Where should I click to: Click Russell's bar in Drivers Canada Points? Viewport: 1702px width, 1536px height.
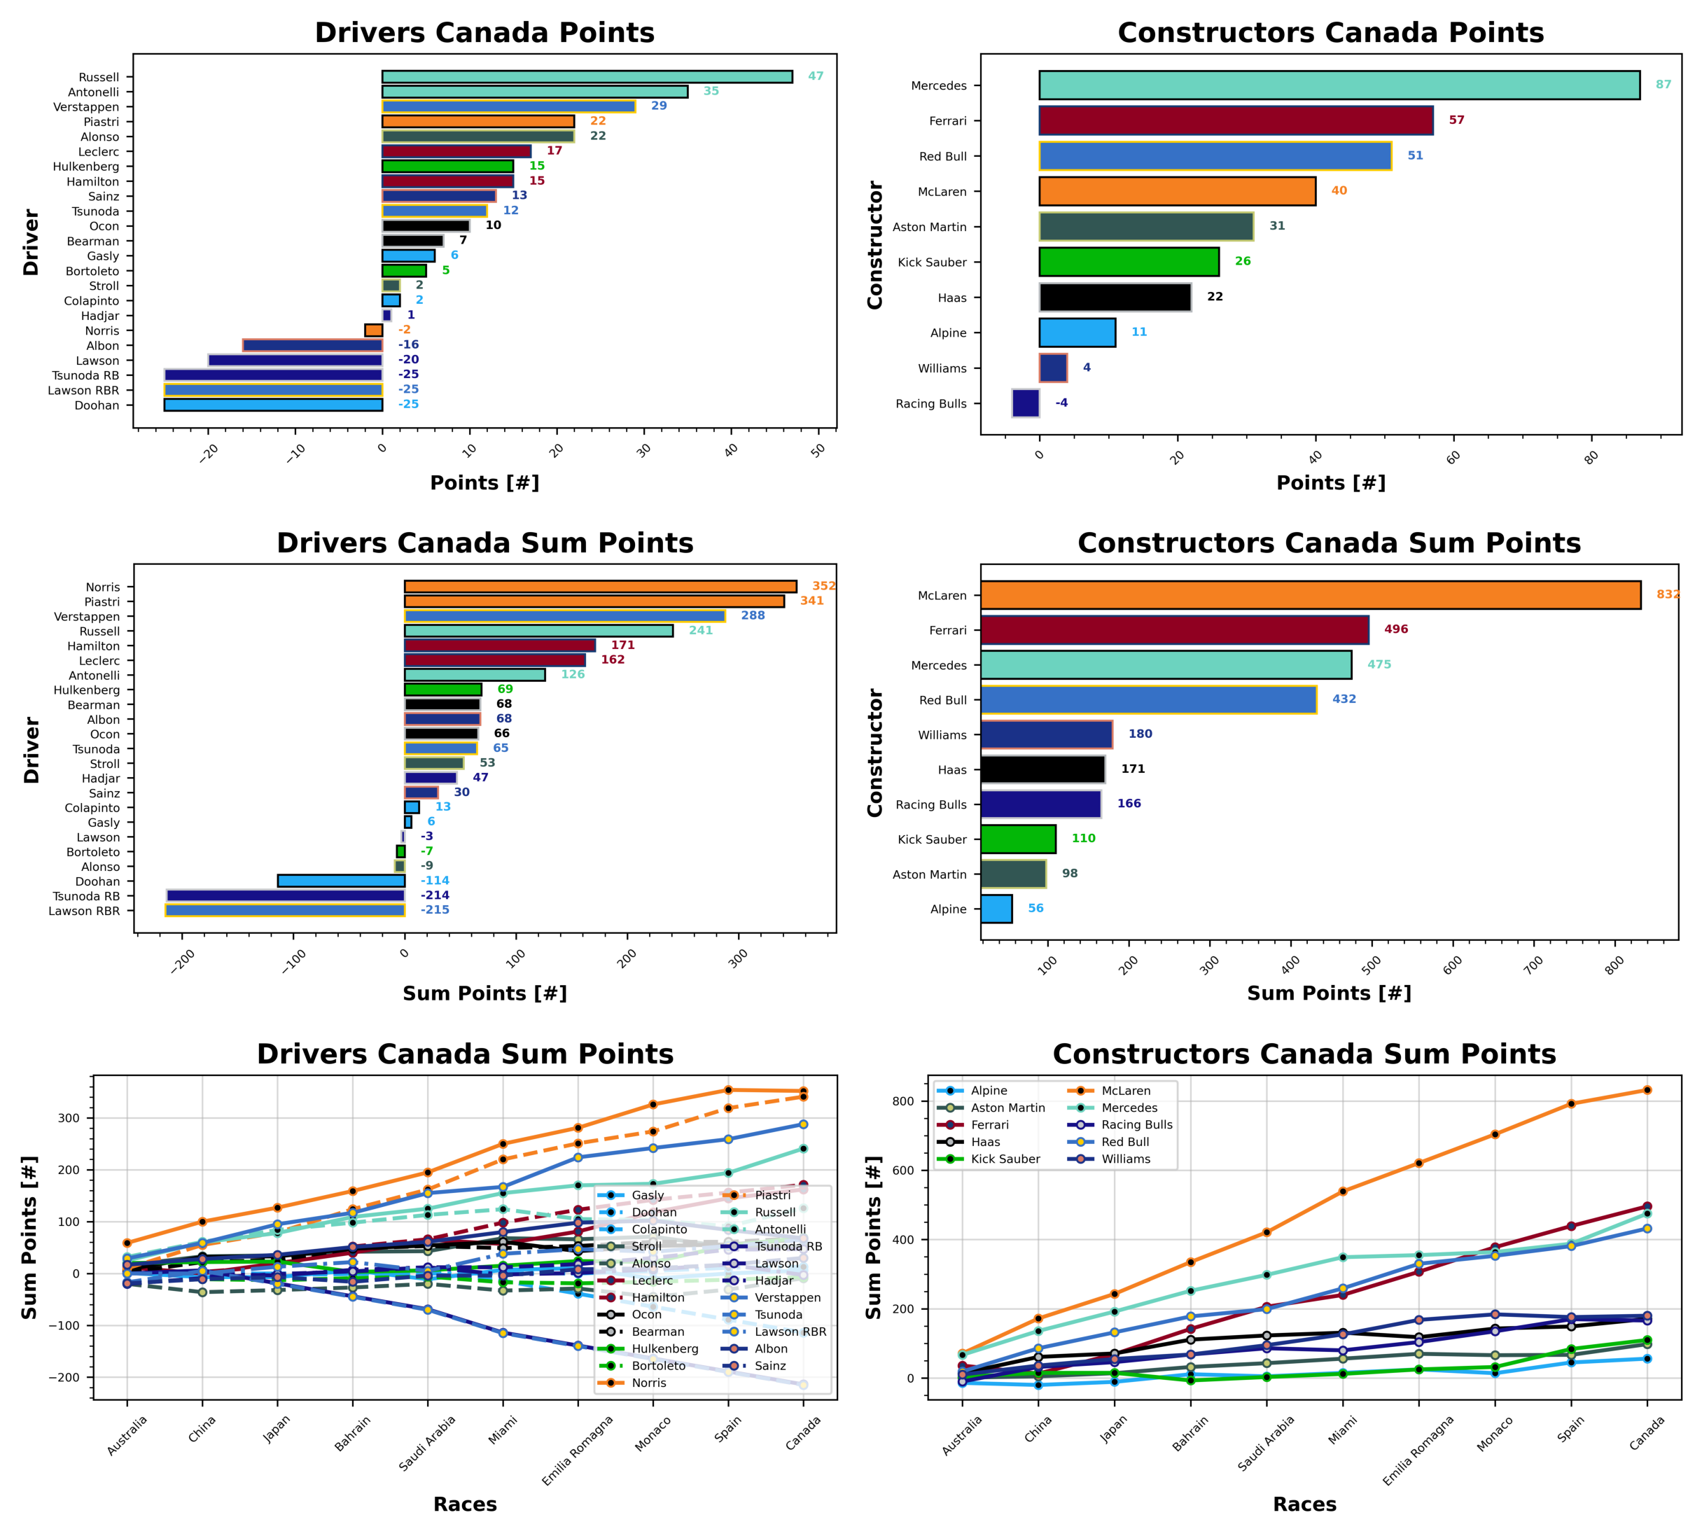tap(587, 77)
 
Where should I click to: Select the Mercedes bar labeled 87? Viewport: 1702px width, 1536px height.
tap(1339, 85)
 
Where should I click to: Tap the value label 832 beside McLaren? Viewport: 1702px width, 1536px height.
tap(1666, 594)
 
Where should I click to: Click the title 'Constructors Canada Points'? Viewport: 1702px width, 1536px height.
tap(1330, 32)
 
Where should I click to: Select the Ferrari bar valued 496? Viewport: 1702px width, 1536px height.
tap(1174, 629)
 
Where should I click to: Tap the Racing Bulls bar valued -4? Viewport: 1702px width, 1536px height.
tap(1025, 403)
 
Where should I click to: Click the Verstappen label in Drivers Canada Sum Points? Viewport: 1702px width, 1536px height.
tap(87, 617)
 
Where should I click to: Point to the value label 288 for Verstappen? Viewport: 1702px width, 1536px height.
tap(753, 615)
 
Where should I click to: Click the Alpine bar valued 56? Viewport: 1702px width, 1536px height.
tap(996, 909)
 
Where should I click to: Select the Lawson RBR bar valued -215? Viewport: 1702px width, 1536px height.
tap(284, 911)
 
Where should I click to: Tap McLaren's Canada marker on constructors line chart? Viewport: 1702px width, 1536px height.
tap(1646, 1090)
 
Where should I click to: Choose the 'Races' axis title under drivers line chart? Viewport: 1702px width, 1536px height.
tap(465, 1504)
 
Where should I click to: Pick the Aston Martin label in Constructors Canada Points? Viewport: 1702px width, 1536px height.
tap(929, 227)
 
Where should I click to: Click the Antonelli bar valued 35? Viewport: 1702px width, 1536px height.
tap(534, 92)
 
